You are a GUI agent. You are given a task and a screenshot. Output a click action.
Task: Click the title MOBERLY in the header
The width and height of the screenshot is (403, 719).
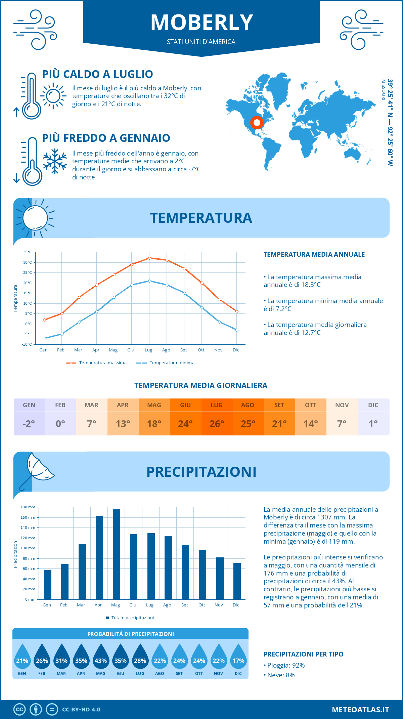coord(201,23)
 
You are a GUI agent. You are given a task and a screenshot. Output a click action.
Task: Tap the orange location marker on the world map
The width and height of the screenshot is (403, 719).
coord(257,123)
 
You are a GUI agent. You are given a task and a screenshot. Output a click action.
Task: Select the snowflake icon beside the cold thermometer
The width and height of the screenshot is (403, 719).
coord(55,161)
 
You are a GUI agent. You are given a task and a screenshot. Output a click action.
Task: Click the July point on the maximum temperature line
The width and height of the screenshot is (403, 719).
coord(149,258)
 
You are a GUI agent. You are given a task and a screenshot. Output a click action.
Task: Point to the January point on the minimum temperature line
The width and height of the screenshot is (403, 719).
coord(44,338)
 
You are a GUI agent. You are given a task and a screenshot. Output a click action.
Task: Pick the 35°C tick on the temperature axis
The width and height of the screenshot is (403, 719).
coord(28,252)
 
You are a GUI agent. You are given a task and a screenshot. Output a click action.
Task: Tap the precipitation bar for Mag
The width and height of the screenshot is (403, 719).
coord(117,554)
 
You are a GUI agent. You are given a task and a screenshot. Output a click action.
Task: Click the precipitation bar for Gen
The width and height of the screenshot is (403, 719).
coord(48,585)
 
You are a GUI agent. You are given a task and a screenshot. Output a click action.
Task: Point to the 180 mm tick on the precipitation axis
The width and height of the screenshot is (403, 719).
coord(28,507)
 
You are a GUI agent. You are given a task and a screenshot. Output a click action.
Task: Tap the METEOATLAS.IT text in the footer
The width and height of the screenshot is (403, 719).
coord(360,710)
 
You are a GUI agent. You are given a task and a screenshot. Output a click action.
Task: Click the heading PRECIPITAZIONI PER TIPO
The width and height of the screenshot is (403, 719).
coord(303,654)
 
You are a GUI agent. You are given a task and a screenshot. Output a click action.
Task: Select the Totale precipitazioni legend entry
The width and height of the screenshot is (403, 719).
coord(132,618)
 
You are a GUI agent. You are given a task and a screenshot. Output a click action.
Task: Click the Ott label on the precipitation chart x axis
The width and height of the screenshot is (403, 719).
coord(201,605)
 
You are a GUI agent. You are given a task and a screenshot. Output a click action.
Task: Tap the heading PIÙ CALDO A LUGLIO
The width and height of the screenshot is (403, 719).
coord(97,74)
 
